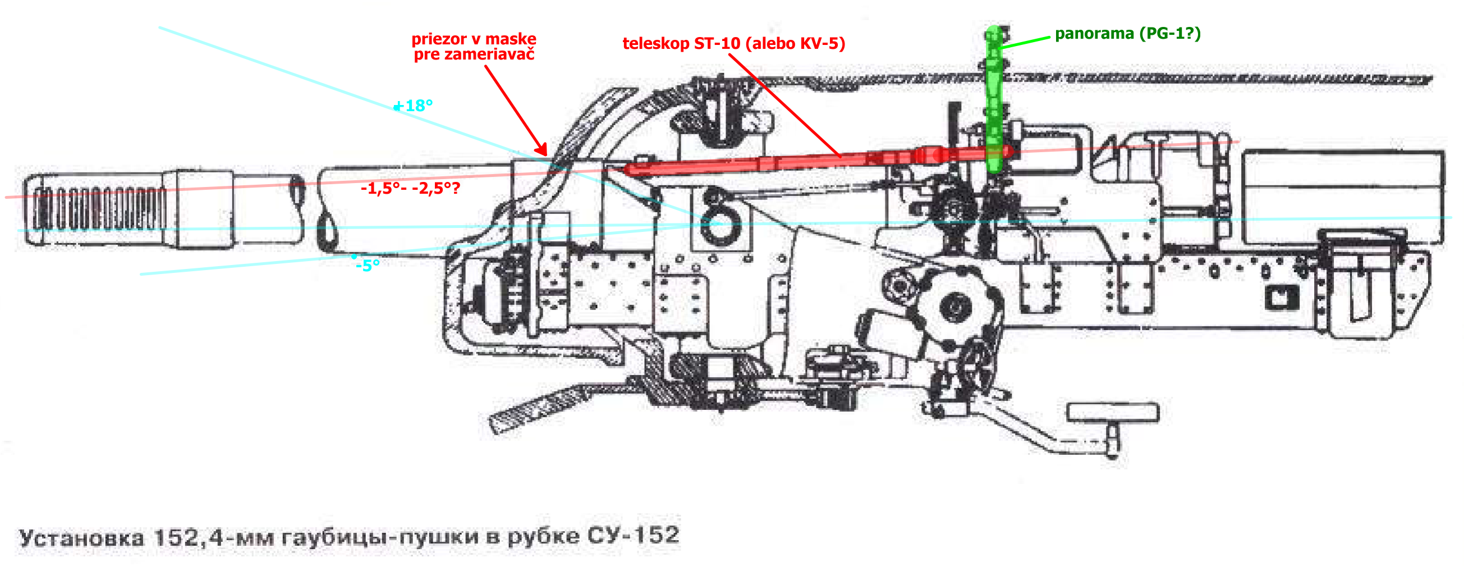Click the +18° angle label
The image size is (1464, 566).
(414, 106)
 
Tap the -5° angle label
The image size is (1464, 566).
(368, 266)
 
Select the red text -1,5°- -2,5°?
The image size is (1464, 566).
(410, 188)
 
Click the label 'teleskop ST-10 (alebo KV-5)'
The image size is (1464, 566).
(733, 44)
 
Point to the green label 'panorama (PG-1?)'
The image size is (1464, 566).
(1127, 34)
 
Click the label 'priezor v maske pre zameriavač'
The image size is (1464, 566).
(474, 47)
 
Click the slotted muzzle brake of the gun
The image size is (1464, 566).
(97, 209)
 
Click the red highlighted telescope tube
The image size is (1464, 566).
(796, 162)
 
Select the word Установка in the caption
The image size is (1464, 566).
(81, 537)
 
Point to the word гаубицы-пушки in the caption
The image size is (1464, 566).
(379, 536)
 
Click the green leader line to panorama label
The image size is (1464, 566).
(1026, 42)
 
